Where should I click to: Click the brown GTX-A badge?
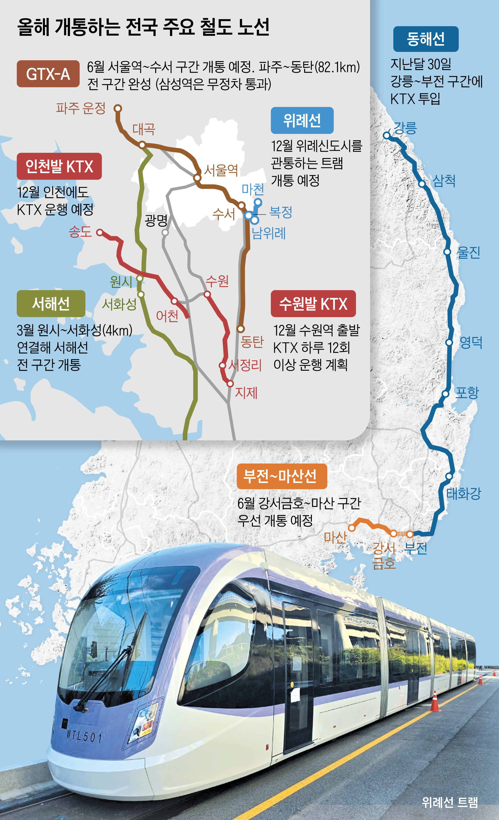click(48, 74)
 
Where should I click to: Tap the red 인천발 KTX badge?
click(59, 166)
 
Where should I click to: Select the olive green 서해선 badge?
click(51, 304)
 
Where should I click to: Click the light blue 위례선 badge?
click(302, 120)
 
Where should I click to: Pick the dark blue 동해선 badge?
click(425, 39)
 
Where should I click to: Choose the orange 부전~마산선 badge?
click(282, 476)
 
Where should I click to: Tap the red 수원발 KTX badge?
click(313, 304)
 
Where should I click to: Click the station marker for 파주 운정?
click(118, 109)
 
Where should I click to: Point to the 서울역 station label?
click(221, 170)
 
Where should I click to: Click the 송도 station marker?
click(100, 233)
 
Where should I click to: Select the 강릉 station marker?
click(386, 135)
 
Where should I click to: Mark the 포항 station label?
click(467, 393)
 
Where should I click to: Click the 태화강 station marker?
click(449, 476)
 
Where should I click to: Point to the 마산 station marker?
click(352, 528)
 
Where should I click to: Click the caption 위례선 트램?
click(449, 802)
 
